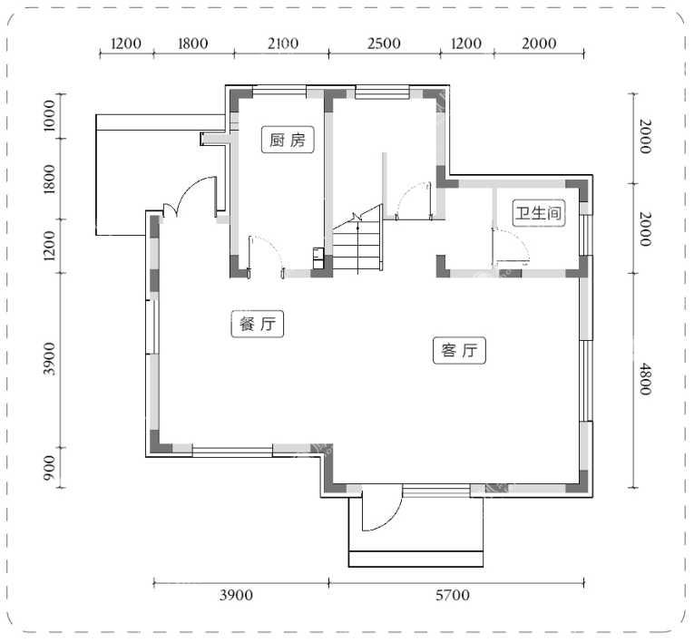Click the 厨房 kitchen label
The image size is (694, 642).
coord(288,141)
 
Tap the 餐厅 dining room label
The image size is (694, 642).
coord(257,325)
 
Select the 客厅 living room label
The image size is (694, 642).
coord(459,350)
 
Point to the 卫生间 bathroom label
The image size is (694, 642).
coord(539,213)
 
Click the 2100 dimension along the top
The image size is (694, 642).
coord(283,44)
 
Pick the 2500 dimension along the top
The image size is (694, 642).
coord(384,44)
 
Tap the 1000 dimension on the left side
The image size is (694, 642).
coord(50,115)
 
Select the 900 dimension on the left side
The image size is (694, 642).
coord(50,467)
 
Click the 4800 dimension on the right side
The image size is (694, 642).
coord(645,379)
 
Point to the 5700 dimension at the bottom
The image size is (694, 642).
coord(453,595)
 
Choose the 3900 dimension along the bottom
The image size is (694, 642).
coord(237,595)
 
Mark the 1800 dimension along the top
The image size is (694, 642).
coord(193,44)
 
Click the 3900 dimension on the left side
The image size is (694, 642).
coord(50,359)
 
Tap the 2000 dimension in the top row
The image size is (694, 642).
coord(539,44)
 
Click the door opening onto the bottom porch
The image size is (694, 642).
coord(383,508)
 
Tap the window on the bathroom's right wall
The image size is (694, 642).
coord(586,235)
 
